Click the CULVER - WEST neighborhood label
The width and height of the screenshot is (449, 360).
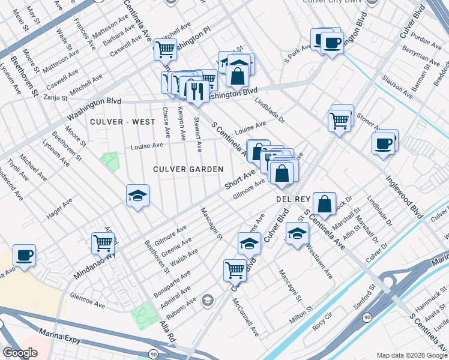tap(122, 122)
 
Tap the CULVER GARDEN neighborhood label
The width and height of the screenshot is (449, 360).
tap(188, 170)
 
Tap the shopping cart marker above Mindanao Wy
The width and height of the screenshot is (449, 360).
tap(103, 243)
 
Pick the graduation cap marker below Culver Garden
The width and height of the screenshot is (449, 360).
tap(137, 196)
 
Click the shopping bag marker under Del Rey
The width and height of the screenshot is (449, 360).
tap(324, 204)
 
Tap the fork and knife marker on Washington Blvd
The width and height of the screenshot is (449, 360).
tap(196, 91)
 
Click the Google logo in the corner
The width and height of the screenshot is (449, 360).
tap(20, 353)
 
